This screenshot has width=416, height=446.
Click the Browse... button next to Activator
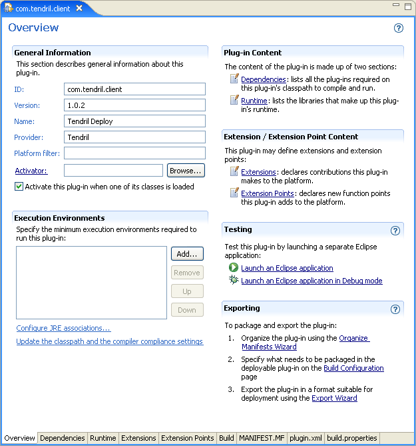(x=185, y=171)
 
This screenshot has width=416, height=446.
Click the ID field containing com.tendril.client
(x=134, y=89)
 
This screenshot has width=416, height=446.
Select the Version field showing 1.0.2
(x=134, y=105)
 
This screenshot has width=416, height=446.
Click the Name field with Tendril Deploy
(x=134, y=121)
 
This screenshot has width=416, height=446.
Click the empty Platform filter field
(x=134, y=153)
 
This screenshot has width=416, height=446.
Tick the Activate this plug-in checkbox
(x=19, y=187)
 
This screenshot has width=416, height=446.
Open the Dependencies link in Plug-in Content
(x=263, y=79)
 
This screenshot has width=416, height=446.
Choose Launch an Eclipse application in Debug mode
(x=312, y=281)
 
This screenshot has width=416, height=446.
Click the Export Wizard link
(x=334, y=398)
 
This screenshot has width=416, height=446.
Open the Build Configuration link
(x=353, y=368)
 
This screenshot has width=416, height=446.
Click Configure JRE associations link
(x=63, y=328)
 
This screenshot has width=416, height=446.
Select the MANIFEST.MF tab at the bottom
(x=262, y=438)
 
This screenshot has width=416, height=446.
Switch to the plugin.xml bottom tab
(x=306, y=438)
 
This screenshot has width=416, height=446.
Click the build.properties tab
(x=352, y=438)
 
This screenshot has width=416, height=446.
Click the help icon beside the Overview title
(x=399, y=28)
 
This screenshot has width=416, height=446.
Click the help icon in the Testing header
(x=395, y=231)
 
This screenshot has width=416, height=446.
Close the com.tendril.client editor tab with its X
(x=79, y=9)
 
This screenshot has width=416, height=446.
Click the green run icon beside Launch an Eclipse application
(x=234, y=267)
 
